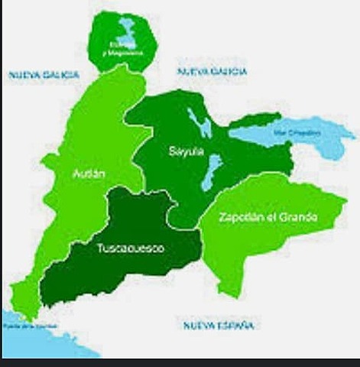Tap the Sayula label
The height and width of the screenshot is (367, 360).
186,152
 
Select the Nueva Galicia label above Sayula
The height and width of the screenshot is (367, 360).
212,71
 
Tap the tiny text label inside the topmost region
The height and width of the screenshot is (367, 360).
123,47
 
